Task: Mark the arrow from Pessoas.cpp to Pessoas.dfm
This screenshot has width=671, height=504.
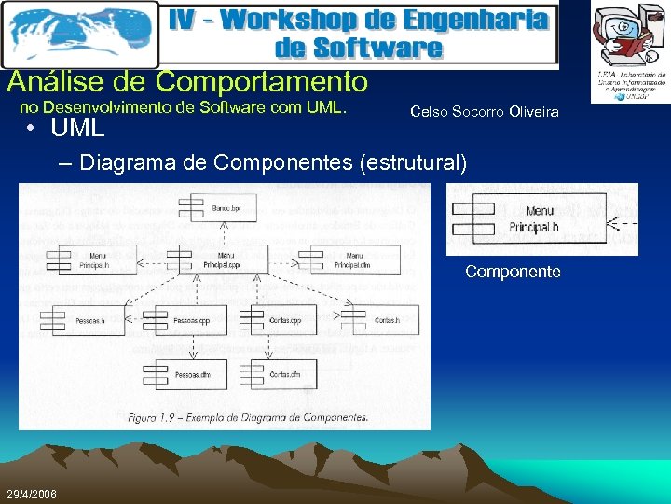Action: coord(192,348)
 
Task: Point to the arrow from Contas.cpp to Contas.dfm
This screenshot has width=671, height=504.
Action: coord(269,348)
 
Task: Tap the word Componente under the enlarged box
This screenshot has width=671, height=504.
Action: coord(513,272)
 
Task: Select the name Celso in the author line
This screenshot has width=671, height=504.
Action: coord(428,112)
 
